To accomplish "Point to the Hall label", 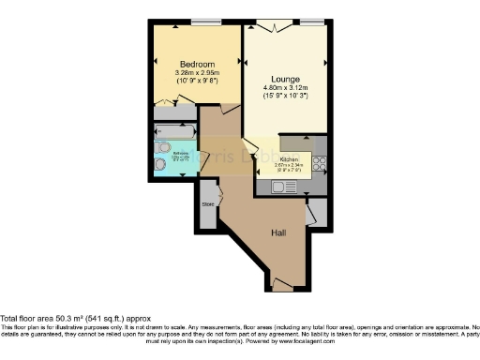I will point(278,232).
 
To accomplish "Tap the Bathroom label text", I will point(183,151).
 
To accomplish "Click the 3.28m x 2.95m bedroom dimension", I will point(196,73).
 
